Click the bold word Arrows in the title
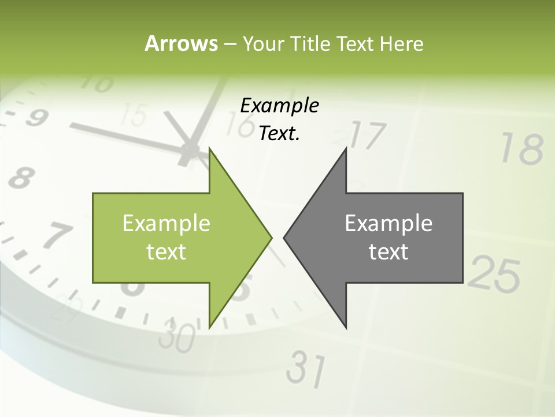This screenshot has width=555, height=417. coord(181,43)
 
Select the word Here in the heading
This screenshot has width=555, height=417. coord(402,43)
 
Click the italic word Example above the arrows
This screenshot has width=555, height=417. coord(280,106)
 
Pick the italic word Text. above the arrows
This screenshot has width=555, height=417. coord(280,134)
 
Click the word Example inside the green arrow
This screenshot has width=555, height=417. coord(166,223)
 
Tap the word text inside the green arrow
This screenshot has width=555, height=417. coord(166,251)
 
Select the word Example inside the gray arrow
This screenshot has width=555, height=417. coord(388,223)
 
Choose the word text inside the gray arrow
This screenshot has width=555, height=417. coord(388,251)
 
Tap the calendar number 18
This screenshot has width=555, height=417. coord(522,149)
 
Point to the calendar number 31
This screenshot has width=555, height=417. coord(306,368)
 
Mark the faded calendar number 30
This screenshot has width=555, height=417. coord(177,336)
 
